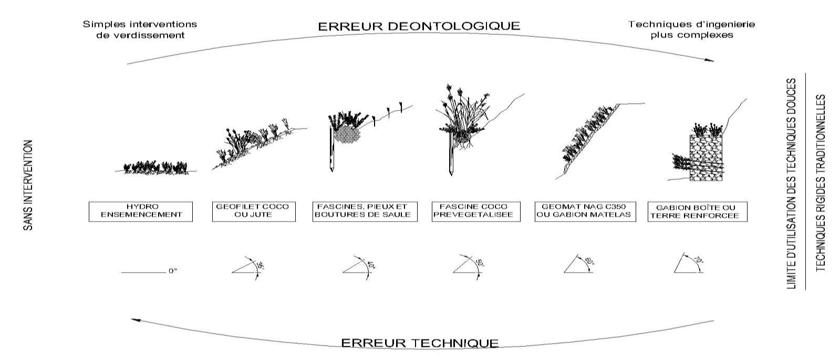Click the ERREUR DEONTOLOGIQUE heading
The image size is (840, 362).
[419, 26]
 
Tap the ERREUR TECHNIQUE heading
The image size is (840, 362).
[420, 343]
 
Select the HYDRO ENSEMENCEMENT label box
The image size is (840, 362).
[141, 212]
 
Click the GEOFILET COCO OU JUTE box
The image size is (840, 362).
[254, 212]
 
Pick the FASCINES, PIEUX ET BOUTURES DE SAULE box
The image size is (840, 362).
[365, 212]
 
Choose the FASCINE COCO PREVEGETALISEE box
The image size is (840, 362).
[476, 212]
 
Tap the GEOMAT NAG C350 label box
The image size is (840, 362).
[585, 212]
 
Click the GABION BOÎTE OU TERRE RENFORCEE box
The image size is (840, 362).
[698, 212]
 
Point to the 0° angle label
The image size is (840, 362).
[172, 271]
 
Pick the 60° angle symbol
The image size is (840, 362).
[580, 264]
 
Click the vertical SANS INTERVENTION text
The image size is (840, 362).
[28, 185]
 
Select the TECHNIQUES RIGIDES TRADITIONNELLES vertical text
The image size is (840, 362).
[821, 183]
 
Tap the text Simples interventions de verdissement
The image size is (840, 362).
[140, 29]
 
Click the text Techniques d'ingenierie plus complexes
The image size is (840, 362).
[692, 29]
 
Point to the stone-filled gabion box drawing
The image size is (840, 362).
[707, 158]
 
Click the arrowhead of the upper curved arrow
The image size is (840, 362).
[710, 59]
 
